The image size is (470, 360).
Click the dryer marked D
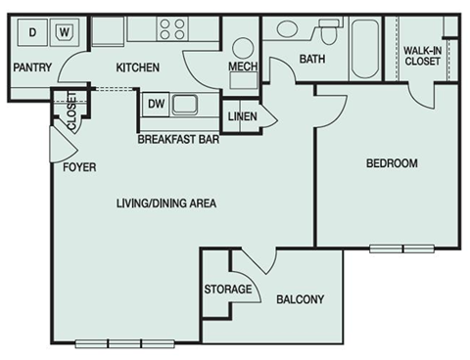point(32,32)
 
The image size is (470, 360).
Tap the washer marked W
point(65,32)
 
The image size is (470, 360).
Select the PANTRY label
point(31,67)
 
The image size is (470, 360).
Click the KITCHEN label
point(137,67)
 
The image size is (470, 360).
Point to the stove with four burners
point(172,29)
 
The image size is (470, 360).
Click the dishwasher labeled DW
point(155,102)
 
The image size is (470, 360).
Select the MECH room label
point(242,67)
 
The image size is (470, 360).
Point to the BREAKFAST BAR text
point(177,139)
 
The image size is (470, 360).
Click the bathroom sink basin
point(288,29)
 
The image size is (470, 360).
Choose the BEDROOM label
point(392,163)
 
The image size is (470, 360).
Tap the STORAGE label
point(229,290)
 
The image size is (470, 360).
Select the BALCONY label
point(300,299)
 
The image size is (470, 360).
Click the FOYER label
point(79,167)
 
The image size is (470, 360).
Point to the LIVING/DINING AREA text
point(165,203)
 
